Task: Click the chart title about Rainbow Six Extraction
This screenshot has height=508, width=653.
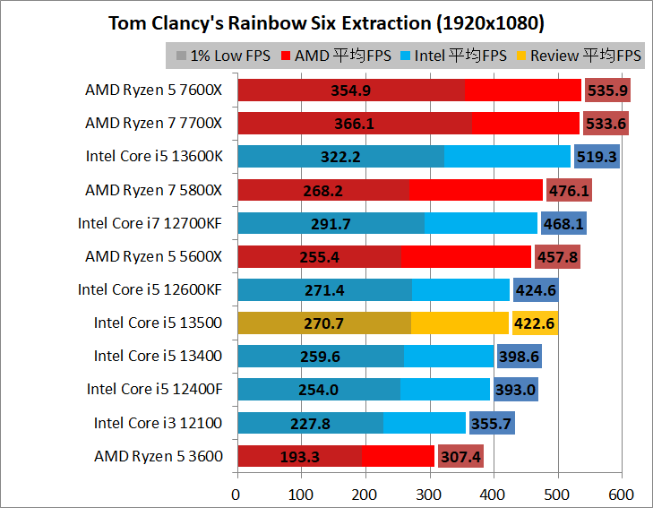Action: point(326,22)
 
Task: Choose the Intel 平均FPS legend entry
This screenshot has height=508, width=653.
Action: point(456,56)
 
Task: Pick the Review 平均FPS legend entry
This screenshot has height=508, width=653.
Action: point(579,56)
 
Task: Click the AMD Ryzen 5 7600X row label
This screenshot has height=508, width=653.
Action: point(154,90)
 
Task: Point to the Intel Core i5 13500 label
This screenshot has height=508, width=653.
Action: point(159,323)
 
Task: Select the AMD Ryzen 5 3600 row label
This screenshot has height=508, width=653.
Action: point(159,456)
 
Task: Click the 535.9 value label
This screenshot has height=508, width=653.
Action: point(607,90)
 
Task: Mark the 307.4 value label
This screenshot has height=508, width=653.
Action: point(460,457)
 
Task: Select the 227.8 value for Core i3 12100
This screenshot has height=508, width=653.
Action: point(310,423)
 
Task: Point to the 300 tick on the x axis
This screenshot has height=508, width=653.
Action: point(429,495)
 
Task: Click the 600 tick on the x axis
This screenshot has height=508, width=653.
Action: point(621,495)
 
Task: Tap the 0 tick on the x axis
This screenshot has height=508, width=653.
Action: point(236,495)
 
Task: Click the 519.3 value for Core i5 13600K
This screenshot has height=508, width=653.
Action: point(597,157)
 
